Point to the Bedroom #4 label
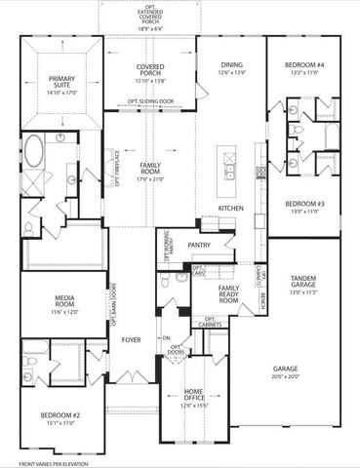click(x=304, y=66)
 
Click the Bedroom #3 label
click(x=304, y=206)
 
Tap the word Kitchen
click(x=230, y=209)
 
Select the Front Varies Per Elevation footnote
click(x=41, y=460)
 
